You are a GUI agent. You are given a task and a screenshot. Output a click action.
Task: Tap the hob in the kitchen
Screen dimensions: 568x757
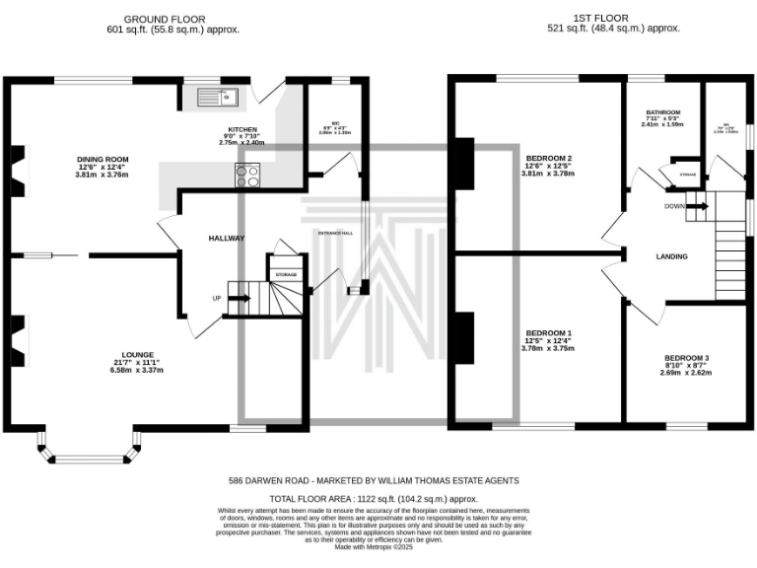247,175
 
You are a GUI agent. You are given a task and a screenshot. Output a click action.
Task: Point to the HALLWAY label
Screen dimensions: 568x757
226,239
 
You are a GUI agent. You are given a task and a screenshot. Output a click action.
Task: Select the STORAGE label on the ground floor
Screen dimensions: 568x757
286,274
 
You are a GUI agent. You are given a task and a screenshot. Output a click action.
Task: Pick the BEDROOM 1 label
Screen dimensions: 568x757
548,333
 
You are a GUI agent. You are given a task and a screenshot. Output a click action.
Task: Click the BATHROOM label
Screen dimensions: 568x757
662,112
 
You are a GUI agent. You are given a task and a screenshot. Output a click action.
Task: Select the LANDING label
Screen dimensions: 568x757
671,256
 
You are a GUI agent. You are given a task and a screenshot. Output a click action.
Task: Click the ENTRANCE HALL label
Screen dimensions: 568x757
335,233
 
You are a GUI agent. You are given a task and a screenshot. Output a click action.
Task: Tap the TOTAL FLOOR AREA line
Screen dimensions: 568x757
380,500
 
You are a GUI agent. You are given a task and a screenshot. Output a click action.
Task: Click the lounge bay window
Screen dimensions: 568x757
86,450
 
